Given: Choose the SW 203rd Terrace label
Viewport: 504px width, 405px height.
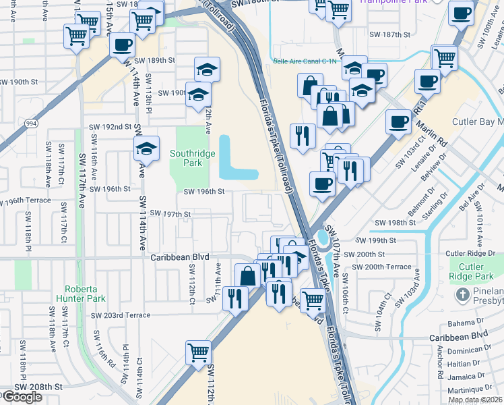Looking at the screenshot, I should [x=121, y=315].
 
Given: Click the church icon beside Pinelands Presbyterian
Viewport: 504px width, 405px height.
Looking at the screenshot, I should [x=463, y=295].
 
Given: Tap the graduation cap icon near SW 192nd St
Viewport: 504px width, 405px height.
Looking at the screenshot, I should [x=146, y=149].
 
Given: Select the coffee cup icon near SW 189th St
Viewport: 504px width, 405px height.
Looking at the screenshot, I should [x=122, y=45].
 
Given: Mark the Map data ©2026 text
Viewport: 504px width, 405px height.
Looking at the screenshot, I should [x=474, y=400].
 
